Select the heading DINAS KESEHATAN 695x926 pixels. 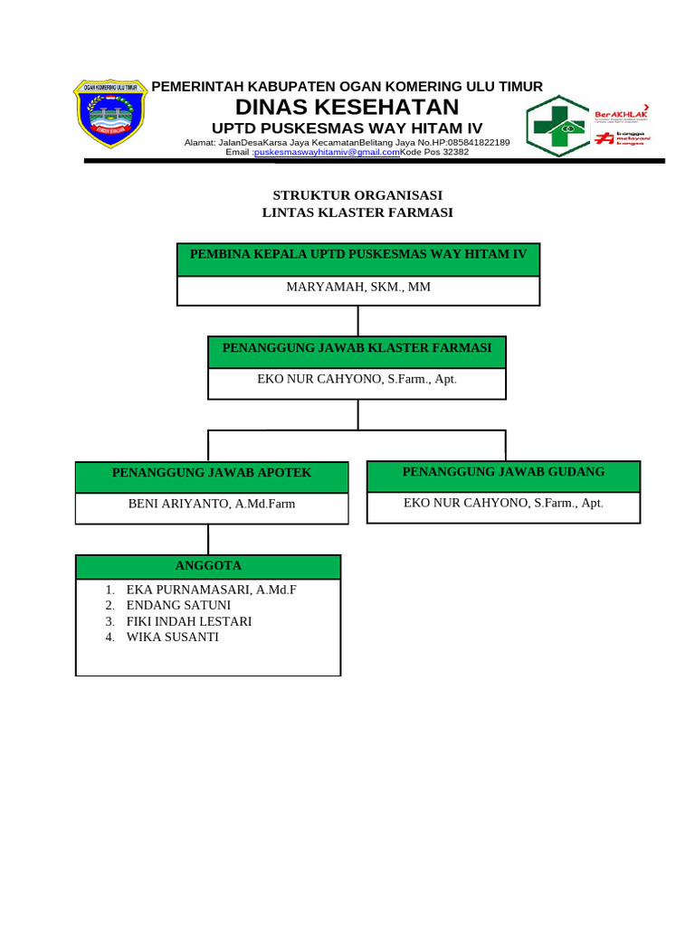347,108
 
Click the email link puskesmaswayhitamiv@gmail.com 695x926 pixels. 327,153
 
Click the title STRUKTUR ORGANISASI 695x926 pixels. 357,195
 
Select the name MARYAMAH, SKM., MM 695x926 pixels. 358,288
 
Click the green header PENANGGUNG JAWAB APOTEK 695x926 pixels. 212,474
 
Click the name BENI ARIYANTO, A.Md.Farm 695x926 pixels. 212,504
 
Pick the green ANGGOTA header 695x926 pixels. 208,566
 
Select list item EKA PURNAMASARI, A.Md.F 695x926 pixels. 212,590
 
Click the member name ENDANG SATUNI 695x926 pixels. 178,605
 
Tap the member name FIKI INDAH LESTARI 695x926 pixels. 189,621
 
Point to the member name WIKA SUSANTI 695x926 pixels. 173,638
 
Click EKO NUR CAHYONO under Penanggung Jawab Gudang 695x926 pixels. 503,503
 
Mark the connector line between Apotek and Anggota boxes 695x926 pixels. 209,539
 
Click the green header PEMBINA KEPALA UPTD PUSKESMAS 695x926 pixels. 358,256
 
